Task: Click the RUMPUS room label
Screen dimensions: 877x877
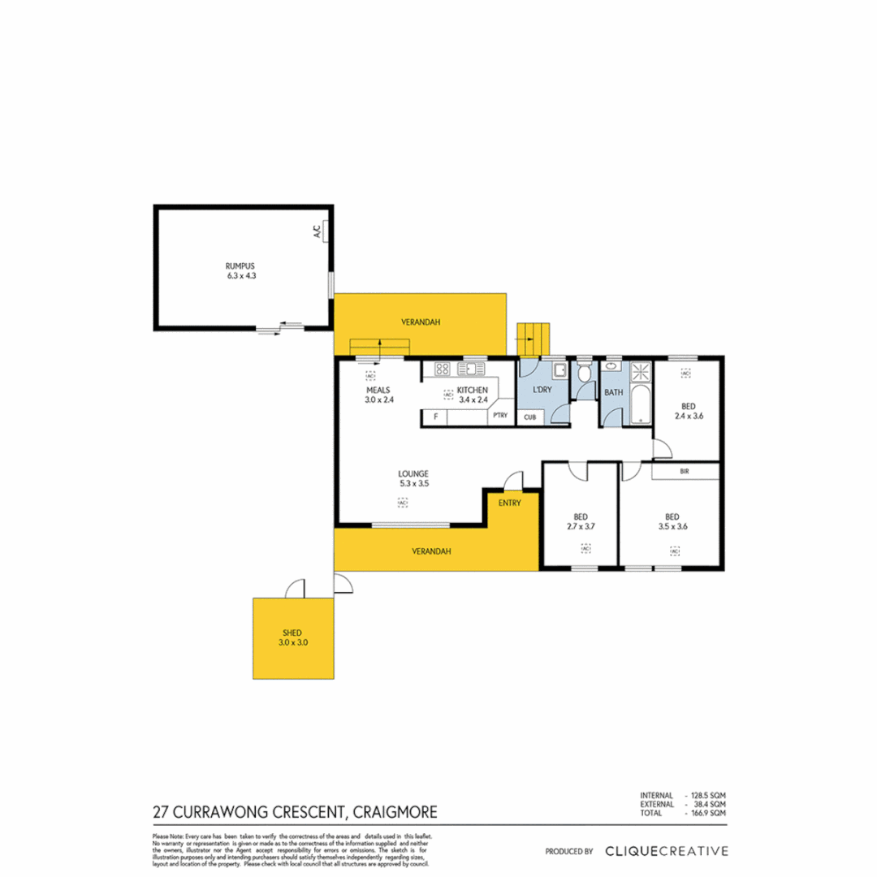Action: tap(240, 266)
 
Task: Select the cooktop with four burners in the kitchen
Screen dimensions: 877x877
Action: tap(443, 370)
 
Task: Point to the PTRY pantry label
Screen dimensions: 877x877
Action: tap(500, 417)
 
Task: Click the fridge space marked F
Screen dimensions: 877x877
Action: tap(436, 417)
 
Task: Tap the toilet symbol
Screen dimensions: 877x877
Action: tap(584, 377)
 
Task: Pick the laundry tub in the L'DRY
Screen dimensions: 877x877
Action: tap(559, 372)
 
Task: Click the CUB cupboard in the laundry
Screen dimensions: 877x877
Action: tap(529, 417)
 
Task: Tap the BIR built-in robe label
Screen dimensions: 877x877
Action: tap(685, 470)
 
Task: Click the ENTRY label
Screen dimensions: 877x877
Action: tap(509, 503)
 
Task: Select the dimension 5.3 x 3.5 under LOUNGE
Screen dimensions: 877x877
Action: tap(413, 483)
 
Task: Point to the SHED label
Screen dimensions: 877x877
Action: tap(292, 632)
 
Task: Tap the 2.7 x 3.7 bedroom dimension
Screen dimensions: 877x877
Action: tap(580, 526)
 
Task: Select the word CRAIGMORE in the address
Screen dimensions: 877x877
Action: tap(393, 811)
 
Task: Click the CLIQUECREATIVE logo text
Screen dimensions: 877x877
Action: tap(666, 851)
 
